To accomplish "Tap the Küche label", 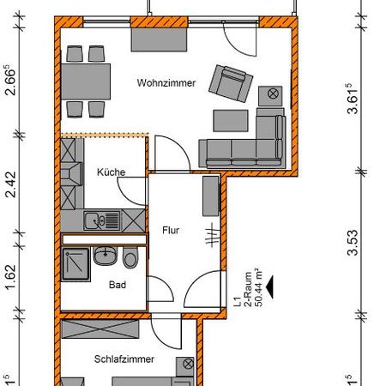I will (x=112, y=172).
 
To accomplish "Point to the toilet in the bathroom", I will (x=130, y=257).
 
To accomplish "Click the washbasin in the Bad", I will (x=106, y=256).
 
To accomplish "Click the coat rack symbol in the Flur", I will (x=211, y=235).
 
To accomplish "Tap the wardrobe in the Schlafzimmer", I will (x=121, y=328).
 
